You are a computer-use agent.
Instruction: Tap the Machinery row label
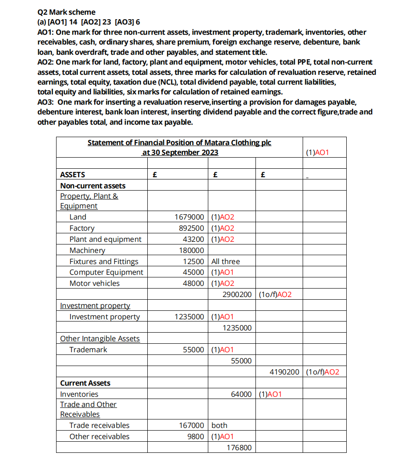[x=87, y=251]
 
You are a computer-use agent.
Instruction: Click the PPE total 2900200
[x=237, y=295]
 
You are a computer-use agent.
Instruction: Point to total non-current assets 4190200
[x=284, y=372]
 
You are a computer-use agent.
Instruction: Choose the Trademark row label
[x=88, y=350]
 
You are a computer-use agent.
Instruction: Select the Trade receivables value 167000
[x=191, y=426]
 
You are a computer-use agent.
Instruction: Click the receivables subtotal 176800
[x=239, y=448]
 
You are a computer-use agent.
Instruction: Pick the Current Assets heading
[x=85, y=383]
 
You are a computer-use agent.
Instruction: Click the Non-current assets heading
[x=93, y=186]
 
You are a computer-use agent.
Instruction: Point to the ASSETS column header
[x=73, y=175]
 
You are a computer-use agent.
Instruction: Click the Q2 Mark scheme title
[x=66, y=12]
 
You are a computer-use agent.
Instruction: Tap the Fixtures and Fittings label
[x=104, y=262]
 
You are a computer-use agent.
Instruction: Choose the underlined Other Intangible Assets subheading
[x=100, y=339]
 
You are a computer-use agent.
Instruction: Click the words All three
[x=226, y=262]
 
